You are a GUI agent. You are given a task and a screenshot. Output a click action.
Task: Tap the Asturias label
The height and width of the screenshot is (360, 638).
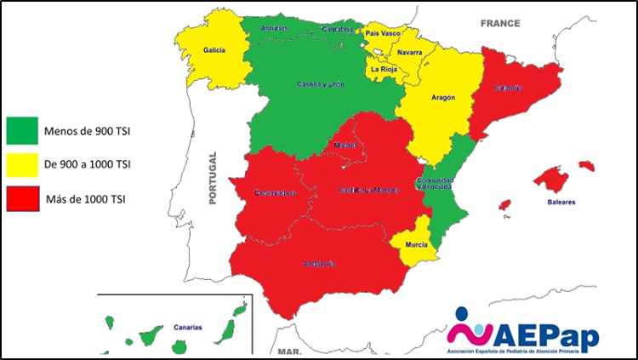point(275,28)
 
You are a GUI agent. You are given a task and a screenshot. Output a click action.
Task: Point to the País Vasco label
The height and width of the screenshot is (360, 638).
point(384,34)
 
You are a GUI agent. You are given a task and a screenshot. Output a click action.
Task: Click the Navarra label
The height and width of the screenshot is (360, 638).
point(409,53)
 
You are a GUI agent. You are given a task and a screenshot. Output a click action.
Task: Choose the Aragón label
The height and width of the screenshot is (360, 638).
point(442,98)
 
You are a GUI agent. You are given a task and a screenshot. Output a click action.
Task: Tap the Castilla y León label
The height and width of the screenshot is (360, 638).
point(321,84)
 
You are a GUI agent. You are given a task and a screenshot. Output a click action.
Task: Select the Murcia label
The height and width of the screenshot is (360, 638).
point(417,244)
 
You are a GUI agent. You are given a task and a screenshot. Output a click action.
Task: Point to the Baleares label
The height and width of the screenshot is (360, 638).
point(561,203)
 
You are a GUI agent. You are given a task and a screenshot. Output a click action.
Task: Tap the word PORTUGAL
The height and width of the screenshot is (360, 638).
point(214,178)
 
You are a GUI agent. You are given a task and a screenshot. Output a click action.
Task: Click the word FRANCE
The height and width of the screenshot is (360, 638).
point(500,24)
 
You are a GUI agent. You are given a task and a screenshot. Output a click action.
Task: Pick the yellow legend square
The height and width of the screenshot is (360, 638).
point(22,163)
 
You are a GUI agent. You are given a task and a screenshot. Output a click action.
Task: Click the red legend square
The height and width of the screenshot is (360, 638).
point(22,198)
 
